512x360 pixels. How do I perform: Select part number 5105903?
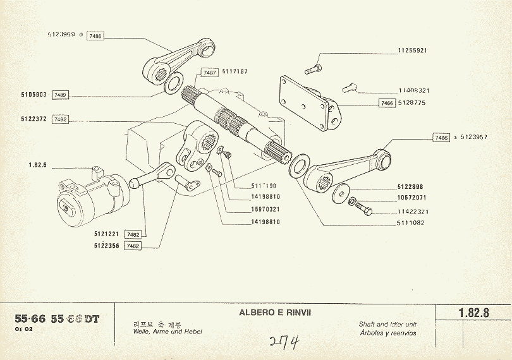(34, 95)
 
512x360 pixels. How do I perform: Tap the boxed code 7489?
(61, 95)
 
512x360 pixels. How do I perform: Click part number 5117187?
(235, 73)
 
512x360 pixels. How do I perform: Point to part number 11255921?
(413, 50)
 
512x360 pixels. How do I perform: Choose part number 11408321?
(413, 90)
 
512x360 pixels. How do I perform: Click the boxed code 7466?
(386, 102)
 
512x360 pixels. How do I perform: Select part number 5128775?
(413, 102)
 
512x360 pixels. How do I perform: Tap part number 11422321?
(413, 212)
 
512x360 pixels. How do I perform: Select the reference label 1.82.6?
(39, 165)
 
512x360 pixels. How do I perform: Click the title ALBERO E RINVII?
(275, 313)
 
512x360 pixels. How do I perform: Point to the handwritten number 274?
(284, 343)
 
